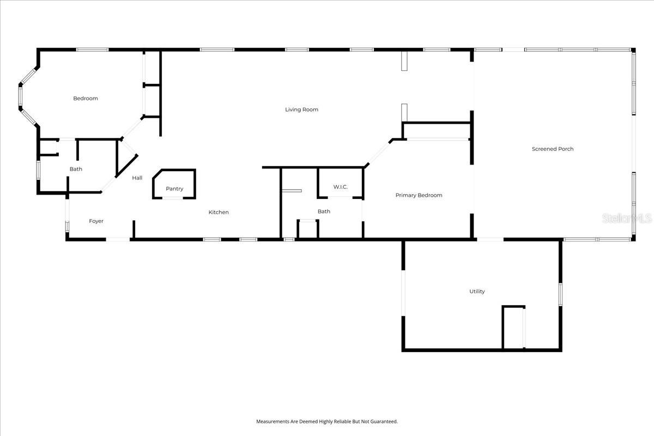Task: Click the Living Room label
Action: [301, 110]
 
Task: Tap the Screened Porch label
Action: [553, 149]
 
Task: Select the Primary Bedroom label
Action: [419, 195]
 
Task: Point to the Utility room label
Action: [477, 292]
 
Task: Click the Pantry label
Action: [174, 189]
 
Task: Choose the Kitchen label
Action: [219, 212]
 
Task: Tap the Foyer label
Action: [96, 221]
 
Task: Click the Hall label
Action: [137, 178]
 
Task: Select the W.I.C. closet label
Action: [341, 187]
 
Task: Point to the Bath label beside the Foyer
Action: [76, 169]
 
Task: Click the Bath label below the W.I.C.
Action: [324, 211]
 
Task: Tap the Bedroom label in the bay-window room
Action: [86, 99]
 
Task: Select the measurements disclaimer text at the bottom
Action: [327, 421]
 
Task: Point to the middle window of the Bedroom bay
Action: [20, 96]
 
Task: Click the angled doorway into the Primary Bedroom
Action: [378, 154]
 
